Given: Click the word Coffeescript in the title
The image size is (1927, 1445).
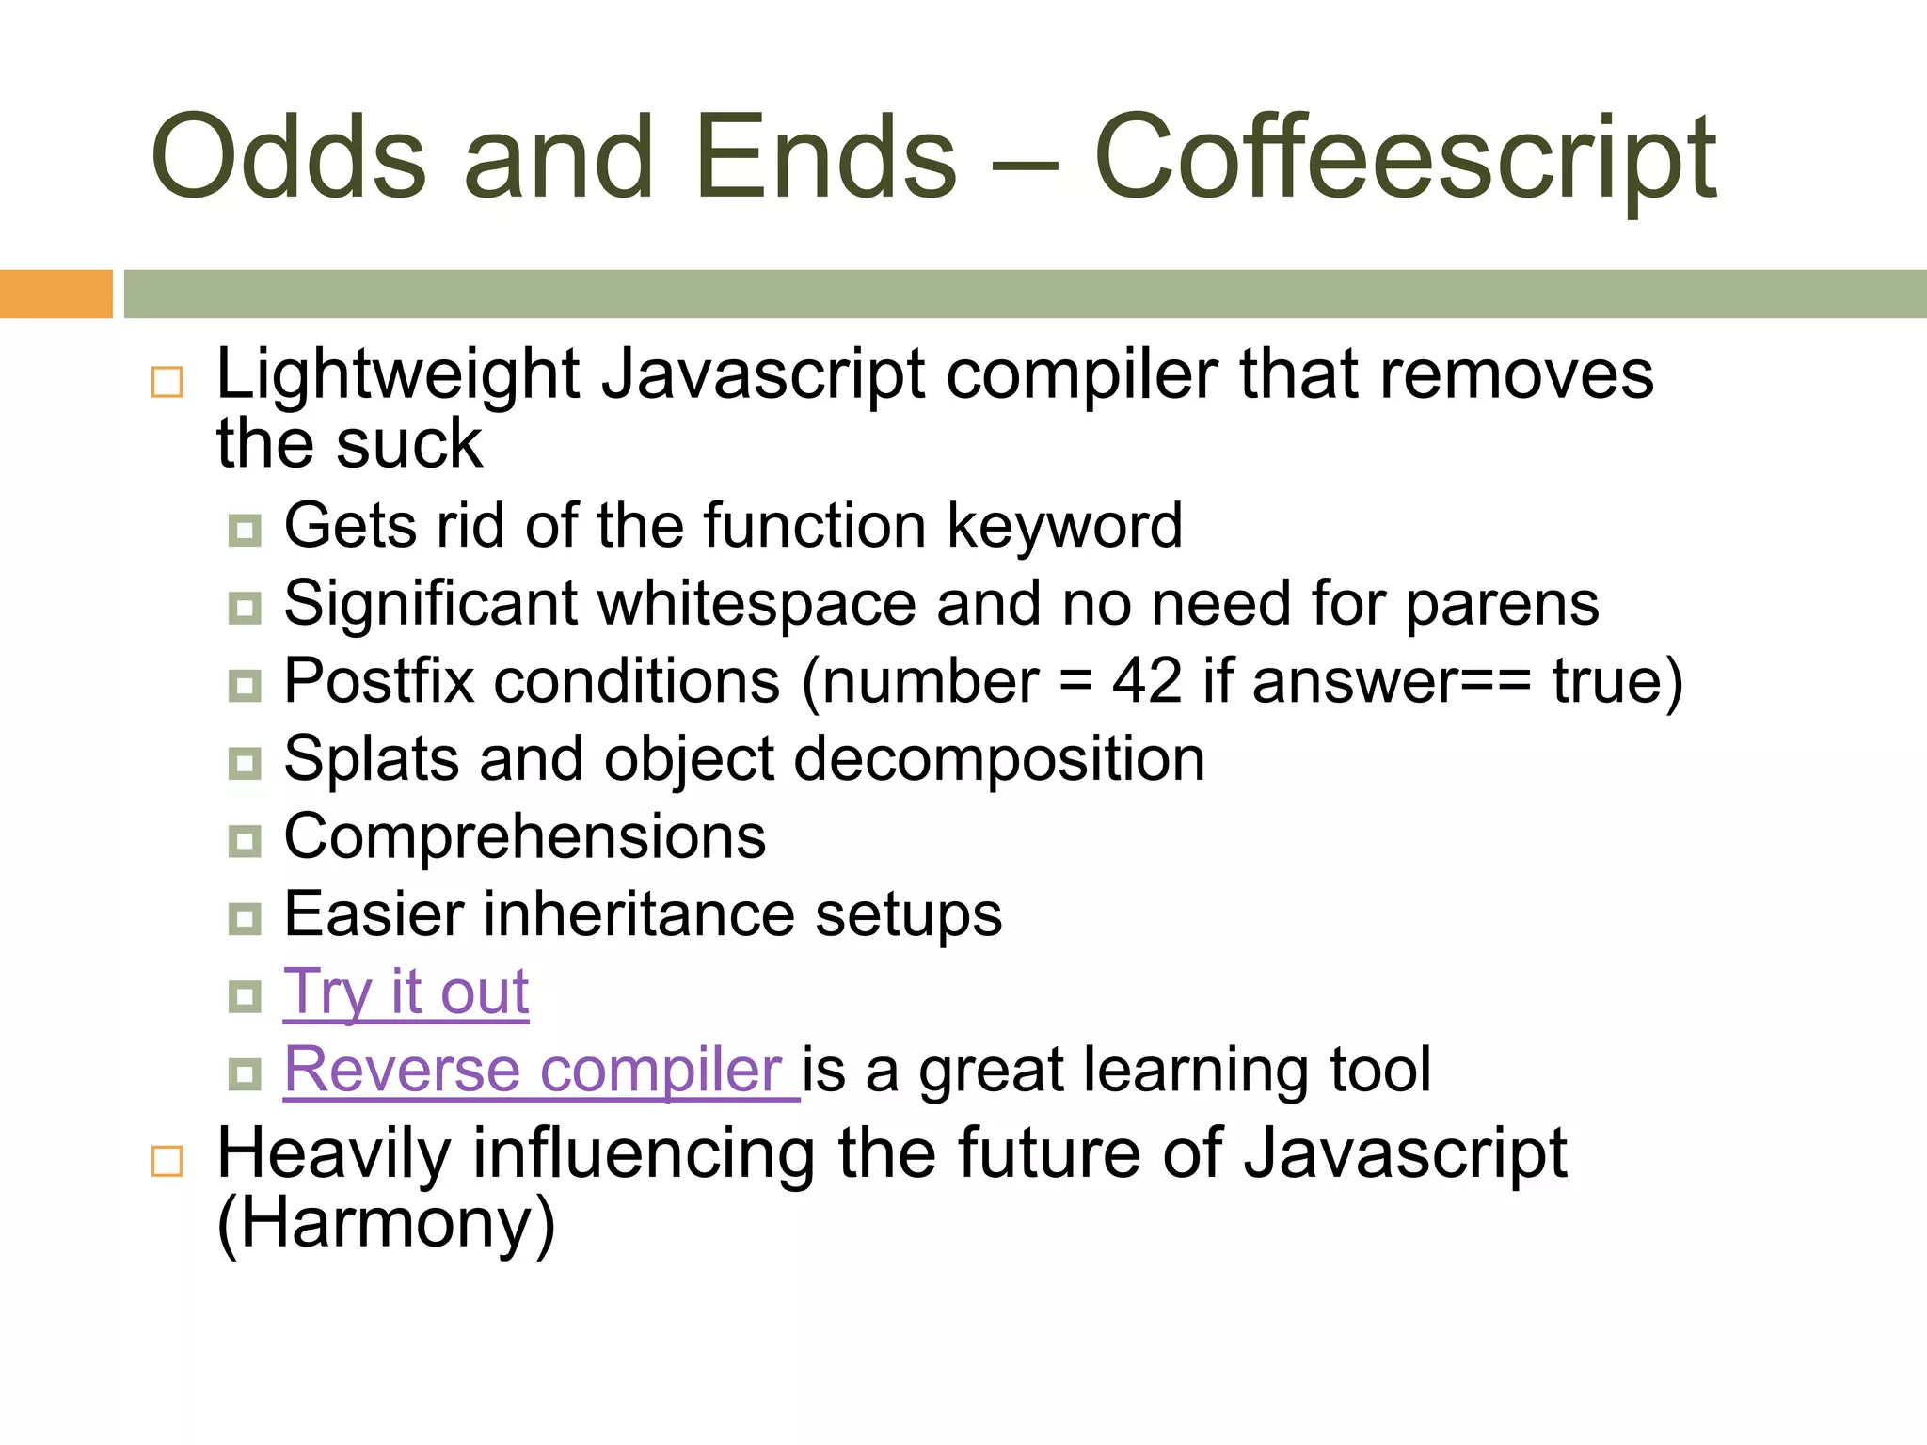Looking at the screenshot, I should point(1406,158).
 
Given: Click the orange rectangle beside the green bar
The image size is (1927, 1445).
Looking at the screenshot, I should point(56,294).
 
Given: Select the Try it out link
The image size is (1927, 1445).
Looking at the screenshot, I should point(406,992).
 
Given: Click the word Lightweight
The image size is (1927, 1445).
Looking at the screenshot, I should point(398,375).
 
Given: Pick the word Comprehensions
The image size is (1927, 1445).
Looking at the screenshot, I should point(525,836).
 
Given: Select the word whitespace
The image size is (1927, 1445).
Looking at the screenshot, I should point(756,603).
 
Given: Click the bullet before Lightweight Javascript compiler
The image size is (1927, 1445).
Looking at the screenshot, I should point(167,382).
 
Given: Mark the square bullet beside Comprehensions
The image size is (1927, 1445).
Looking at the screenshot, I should point(245,840).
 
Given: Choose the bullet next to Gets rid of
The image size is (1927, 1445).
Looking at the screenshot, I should point(245,530).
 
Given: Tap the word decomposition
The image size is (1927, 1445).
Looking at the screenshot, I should point(998,758).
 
